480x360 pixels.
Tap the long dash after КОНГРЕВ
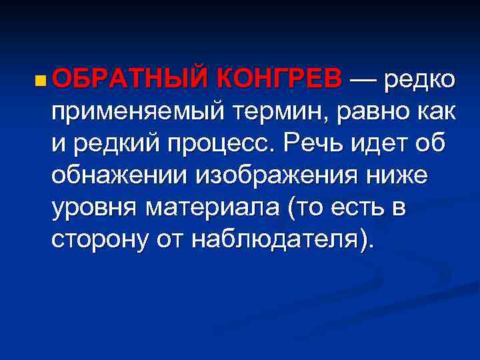pyautogui.click(x=367, y=79)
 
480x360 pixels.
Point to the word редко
pyautogui.click(x=424, y=80)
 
